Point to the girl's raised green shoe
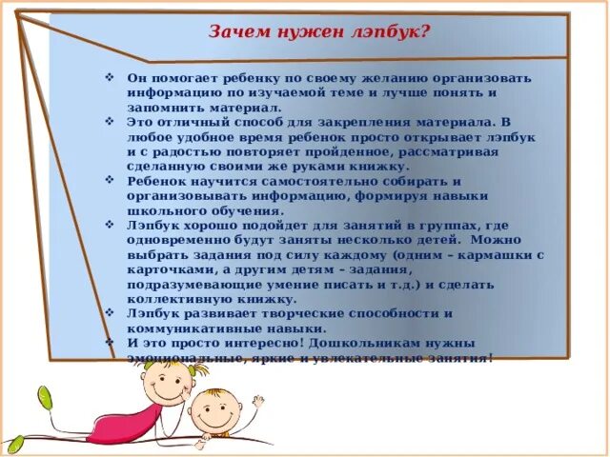[45, 395]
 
